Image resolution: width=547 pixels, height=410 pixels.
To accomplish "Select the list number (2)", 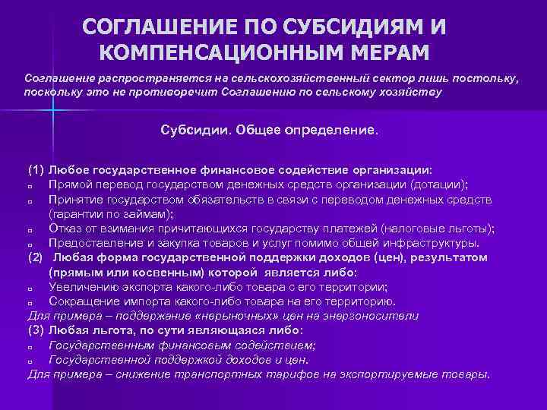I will pyautogui.click(x=36, y=258).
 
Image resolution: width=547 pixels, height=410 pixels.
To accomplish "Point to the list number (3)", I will pyautogui.click(x=36, y=331).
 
